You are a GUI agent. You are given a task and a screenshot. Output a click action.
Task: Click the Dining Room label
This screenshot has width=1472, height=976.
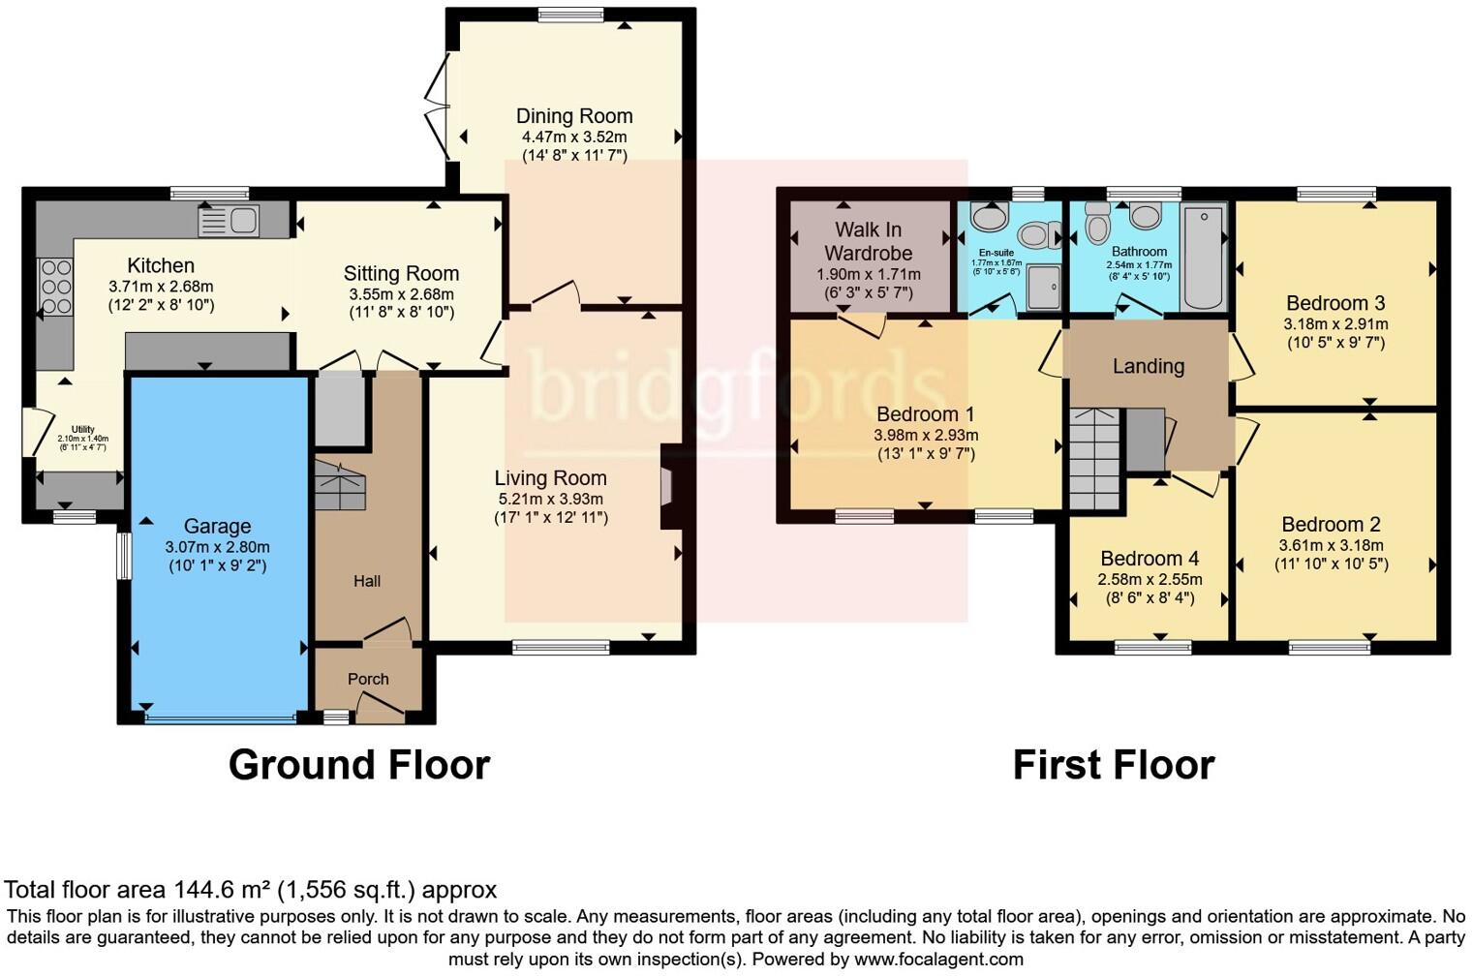coord(574,116)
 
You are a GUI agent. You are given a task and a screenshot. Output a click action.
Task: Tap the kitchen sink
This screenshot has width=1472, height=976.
coord(230,221)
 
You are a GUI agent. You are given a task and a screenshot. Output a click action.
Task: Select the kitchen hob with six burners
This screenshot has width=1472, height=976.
coord(55,287)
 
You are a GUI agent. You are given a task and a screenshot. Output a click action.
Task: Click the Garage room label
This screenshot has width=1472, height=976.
coord(217,526)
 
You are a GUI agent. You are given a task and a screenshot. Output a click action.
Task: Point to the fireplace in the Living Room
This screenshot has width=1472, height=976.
coord(669,487)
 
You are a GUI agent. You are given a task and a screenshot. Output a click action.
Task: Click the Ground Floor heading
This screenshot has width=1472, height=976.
coord(359,765)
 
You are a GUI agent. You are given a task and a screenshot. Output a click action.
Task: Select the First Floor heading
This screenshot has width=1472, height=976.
coord(1113,765)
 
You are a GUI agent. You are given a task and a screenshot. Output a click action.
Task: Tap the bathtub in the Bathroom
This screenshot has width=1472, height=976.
coord(1203,257)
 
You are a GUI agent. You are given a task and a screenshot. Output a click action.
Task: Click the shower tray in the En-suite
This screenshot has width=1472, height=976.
coord(1043,288)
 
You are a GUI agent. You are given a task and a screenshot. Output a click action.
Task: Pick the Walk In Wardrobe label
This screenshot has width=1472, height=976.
coord(868,241)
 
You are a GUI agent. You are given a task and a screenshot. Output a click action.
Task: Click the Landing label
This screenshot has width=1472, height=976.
coord(1148,366)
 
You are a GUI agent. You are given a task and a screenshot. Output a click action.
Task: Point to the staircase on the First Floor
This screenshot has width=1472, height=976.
coord(1094,459)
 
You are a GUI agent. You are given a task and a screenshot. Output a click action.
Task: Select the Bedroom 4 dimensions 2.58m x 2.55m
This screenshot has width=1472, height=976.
coord(1150,579)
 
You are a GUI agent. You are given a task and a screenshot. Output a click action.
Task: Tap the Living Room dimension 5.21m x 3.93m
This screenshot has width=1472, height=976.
coord(550,499)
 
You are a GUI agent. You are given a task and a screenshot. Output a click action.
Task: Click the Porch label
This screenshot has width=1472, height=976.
coord(368,679)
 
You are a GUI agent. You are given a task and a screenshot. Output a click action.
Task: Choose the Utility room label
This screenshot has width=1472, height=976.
coord(83,429)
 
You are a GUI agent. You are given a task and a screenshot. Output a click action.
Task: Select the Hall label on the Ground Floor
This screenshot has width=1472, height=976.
coord(367,581)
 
